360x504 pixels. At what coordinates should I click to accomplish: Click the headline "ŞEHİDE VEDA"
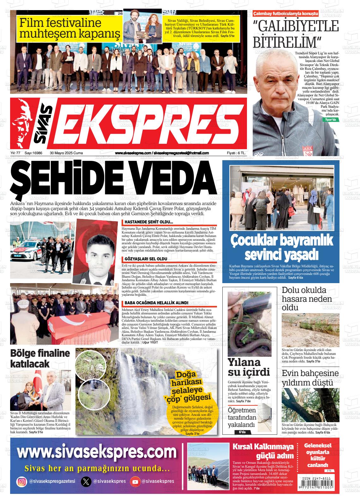(x=114, y=179)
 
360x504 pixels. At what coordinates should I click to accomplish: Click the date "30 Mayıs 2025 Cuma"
(x=66, y=153)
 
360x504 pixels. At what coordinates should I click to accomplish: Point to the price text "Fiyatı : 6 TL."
(x=236, y=153)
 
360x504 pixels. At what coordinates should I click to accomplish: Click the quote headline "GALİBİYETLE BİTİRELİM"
(x=296, y=33)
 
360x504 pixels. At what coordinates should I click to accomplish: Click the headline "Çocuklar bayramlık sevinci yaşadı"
(x=281, y=246)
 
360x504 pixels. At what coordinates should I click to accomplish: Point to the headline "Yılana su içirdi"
(x=249, y=367)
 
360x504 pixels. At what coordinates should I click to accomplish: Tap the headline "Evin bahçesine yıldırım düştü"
(x=310, y=378)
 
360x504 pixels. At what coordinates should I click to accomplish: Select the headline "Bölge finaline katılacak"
(x=40, y=358)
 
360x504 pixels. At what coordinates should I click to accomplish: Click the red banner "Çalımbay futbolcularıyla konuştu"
(x=285, y=14)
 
